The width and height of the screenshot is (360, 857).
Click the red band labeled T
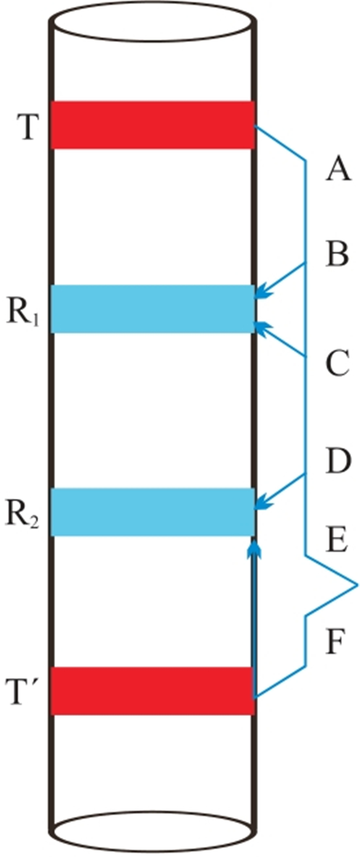point(153,125)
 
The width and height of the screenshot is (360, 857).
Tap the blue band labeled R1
point(153,309)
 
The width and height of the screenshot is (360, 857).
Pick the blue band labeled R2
point(153,512)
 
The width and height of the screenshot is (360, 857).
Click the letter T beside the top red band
point(28,126)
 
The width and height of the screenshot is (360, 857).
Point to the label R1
point(23,311)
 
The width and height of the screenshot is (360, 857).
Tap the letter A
point(338,169)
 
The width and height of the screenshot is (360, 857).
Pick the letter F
point(335,642)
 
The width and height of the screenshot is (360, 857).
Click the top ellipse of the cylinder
point(153,22)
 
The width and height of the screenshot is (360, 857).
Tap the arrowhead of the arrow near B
point(261,294)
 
